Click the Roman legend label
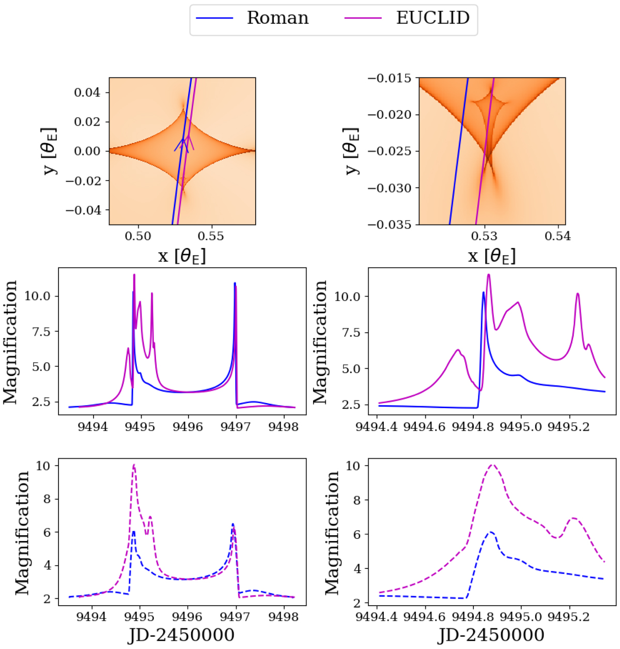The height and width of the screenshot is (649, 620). coord(277,18)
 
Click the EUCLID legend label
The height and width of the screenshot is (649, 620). coord(433,18)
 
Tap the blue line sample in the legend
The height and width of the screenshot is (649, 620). coord(214,19)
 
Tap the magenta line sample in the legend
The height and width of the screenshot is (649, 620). coord(363,19)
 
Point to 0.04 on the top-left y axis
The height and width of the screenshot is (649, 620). coord(87,92)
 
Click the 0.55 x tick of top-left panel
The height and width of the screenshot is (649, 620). coord(211,236)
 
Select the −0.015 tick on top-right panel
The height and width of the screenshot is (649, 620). coord(389,78)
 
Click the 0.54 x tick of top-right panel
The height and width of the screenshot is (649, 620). coord(557,236)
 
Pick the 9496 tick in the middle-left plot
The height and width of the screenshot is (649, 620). coord(188,427)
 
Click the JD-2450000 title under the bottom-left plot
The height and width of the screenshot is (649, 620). coord(181,635)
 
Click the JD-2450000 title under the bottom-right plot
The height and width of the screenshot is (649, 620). coord(491,635)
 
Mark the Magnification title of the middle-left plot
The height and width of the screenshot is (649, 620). coord(10,342)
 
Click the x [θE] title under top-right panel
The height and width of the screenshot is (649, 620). coord(491,255)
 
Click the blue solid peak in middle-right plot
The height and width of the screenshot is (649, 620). coord(483,293)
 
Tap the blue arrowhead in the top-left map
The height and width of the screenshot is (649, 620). coord(181,140)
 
